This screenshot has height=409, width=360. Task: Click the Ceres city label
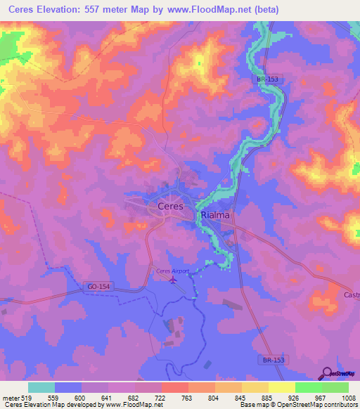point(166,207)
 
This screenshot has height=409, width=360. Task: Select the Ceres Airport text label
point(172,271)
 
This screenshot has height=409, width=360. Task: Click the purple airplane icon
point(173,279)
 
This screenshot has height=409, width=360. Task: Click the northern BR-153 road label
point(267,80)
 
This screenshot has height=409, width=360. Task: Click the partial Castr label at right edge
point(351,294)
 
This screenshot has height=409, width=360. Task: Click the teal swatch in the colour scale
point(41,387)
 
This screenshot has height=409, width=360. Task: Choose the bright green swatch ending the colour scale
point(335,387)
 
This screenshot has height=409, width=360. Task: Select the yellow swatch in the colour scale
point(281,387)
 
